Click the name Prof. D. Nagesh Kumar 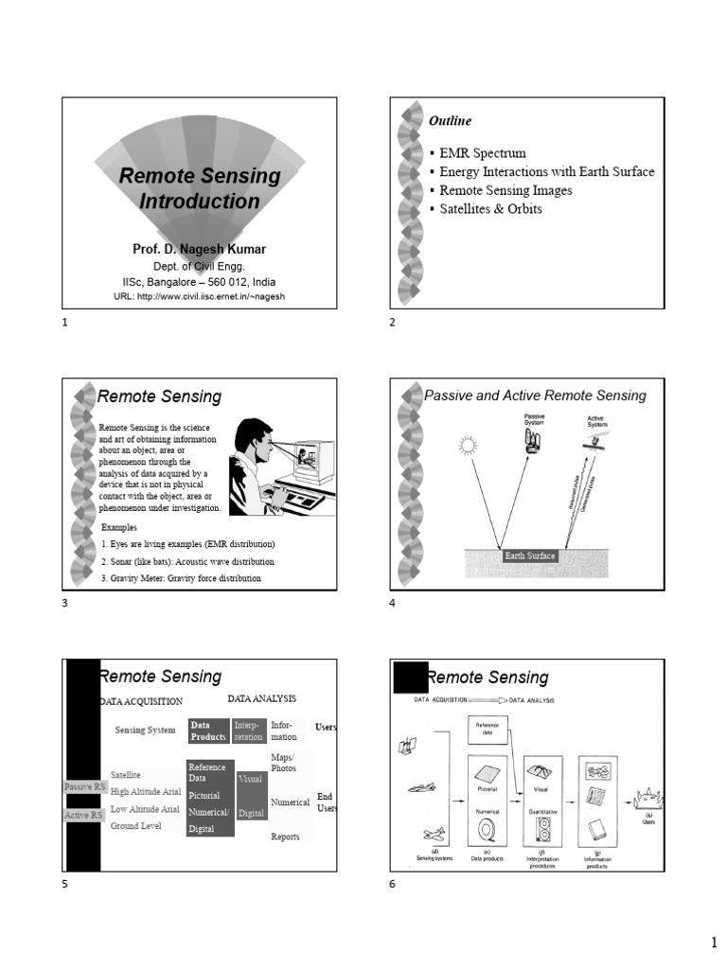pos(199,250)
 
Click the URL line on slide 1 pos(199,296)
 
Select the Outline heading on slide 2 pos(451,121)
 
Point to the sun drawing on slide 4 pos(467,446)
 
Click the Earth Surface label pos(530,555)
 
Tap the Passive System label pos(535,419)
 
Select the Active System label pos(597,421)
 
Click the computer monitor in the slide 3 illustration pos(313,461)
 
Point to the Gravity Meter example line pos(181,577)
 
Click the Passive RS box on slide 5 pos(84,786)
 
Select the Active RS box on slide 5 pos(83,815)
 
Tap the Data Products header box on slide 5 pos(207,731)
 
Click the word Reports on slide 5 pos(285,837)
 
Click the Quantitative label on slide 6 pos(542,811)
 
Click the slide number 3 pos(65,604)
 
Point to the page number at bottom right pos(715,943)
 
